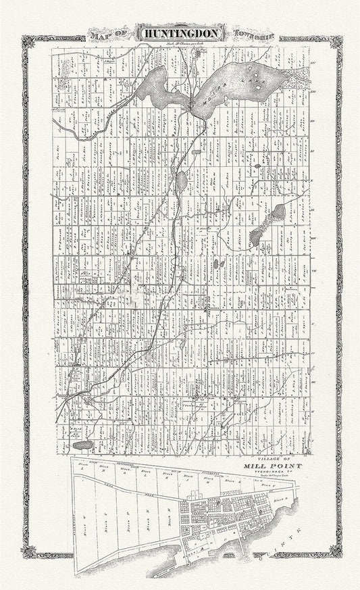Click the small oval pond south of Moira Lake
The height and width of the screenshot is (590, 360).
(183, 180)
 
